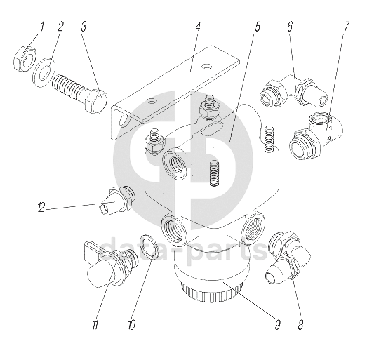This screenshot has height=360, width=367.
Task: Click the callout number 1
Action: [x=42, y=27]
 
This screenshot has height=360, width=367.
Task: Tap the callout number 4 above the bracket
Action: [x=198, y=27]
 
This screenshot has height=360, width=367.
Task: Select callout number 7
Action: [x=347, y=27]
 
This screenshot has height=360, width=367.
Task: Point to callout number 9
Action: [x=278, y=325]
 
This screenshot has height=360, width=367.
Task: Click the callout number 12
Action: [x=41, y=208]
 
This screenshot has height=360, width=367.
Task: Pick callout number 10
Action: [x=132, y=325]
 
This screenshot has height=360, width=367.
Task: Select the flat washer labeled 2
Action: [x=43, y=72]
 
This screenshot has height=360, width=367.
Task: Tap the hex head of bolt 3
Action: [x=96, y=101]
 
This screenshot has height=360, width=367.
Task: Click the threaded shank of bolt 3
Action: [x=69, y=86]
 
